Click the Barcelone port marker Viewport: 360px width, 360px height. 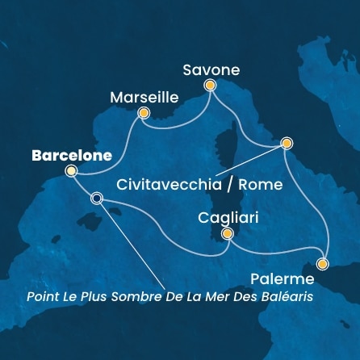point(72,170)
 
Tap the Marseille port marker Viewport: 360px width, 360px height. point(144,113)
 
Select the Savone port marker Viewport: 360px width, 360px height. point(210,85)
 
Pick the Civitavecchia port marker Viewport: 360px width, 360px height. point(286,143)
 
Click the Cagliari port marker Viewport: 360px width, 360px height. point(228,234)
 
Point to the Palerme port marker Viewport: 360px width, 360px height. point(323,263)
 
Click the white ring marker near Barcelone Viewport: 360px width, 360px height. point(97,199)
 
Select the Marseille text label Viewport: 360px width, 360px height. point(143,96)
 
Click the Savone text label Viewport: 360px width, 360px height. point(211,69)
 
